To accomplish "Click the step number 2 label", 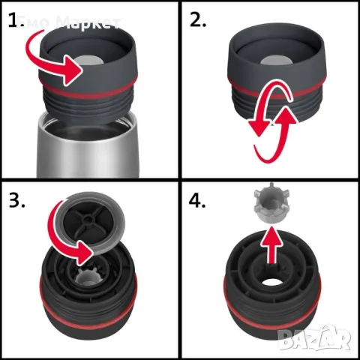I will click(x=199, y=20).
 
